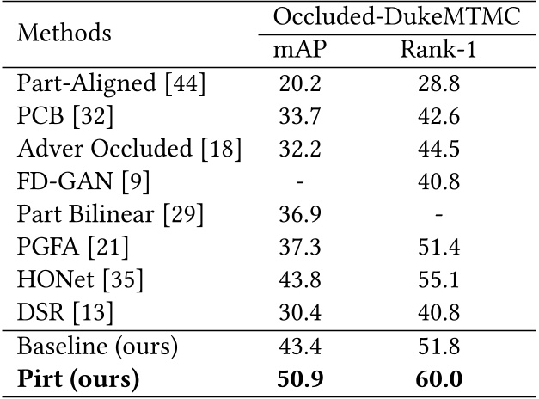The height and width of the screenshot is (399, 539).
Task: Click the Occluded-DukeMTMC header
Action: coord(396,16)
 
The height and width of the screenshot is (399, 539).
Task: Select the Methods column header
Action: coord(64,34)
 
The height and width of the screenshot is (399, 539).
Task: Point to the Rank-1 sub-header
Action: coord(438,51)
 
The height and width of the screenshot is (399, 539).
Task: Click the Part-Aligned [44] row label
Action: coord(112,85)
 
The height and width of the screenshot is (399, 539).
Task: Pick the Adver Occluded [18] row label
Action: coord(129,149)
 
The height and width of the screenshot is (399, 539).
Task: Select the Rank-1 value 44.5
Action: coord(438,149)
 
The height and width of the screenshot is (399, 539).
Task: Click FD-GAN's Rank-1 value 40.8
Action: coord(438,181)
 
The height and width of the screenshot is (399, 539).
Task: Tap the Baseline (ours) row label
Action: coord(97,347)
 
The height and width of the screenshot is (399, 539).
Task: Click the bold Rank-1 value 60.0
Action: coord(438,380)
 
